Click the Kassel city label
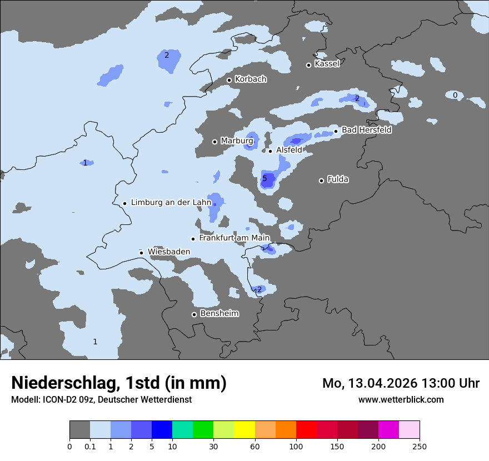[x=327, y=64]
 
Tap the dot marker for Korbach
[x=229, y=80]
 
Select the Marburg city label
[x=237, y=141]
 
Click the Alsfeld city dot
[x=271, y=151]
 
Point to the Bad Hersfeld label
[x=366, y=130]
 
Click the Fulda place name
[x=338, y=179]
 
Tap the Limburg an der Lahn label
[x=171, y=203]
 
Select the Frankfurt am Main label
[x=234, y=238]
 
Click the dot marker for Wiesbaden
[x=142, y=253]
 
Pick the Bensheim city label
[x=219, y=314]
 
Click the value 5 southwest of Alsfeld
[x=265, y=178]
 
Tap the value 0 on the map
[x=455, y=95]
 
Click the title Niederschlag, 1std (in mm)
[x=119, y=383]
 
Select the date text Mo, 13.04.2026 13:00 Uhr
[x=401, y=383]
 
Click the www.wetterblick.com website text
[x=401, y=399]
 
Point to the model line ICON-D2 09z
[x=101, y=399]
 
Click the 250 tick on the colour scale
[x=420, y=447]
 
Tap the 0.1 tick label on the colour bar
[x=89, y=447]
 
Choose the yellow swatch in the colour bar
[x=244, y=430]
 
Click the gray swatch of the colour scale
[x=79, y=430]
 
